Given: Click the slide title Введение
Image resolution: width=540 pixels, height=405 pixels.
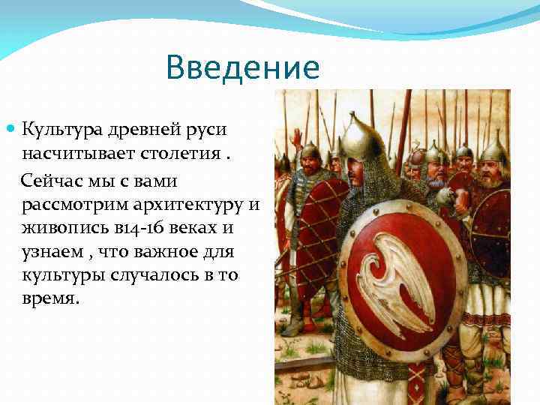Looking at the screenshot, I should [x=243, y=67].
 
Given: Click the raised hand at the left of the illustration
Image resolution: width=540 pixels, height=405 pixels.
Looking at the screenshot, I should [x=296, y=136].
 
